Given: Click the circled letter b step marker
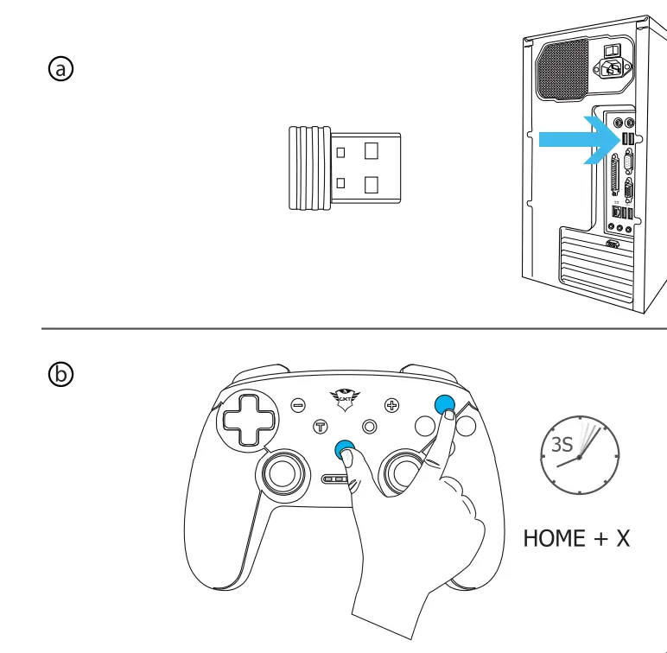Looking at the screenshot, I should click(60, 374).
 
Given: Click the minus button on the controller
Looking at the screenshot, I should click(298, 403).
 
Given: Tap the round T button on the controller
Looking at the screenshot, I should click(321, 426).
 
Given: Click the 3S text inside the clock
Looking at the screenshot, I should click(562, 445).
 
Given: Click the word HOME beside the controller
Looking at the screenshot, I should click(554, 538).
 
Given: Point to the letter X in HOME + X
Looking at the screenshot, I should click(622, 538).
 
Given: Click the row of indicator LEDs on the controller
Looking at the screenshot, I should click(336, 479).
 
